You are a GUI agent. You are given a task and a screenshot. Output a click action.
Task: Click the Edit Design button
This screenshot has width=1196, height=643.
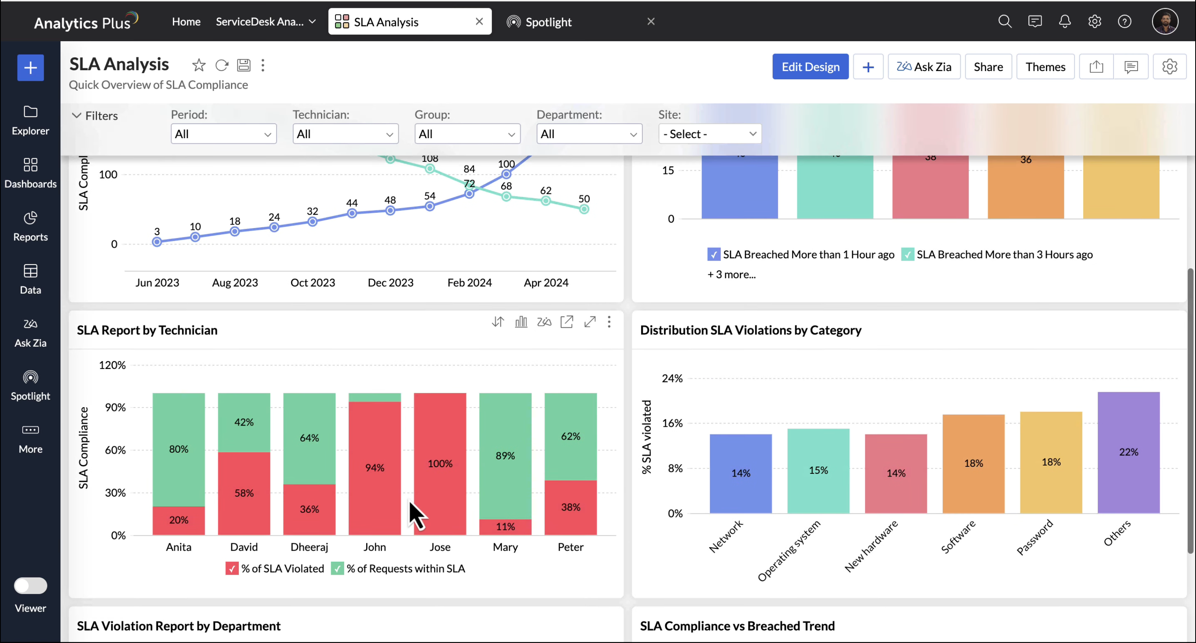click(810, 67)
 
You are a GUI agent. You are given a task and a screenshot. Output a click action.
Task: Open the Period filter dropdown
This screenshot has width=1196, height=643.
click(223, 134)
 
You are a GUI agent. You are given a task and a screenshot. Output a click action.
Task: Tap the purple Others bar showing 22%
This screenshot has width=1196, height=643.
click(1128, 452)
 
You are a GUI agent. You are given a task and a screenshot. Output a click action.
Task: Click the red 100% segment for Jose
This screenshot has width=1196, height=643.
click(440, 464)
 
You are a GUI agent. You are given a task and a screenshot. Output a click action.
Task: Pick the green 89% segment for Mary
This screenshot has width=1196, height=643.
click(505, 456)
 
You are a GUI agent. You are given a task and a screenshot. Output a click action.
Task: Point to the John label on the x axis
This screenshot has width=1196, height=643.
click(374, 547)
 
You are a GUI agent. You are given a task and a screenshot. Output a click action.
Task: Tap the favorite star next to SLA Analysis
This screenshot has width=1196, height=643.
click(199, 66)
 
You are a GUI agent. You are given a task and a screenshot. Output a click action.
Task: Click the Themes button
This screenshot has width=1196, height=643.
click(1045, 67)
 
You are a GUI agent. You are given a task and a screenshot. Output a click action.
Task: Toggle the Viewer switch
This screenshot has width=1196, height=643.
click(31, 585)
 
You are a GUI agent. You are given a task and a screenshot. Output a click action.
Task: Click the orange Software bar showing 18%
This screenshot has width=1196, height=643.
click(973, 464)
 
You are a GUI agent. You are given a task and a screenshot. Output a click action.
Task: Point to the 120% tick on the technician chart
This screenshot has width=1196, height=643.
click(112, 365)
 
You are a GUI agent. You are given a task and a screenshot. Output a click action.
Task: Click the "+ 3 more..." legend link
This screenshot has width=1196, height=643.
click(731, 275)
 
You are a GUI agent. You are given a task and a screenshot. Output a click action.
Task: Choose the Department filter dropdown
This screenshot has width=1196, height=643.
click(589, 134)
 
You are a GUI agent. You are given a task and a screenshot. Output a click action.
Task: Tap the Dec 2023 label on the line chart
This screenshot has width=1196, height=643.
click(390, 283)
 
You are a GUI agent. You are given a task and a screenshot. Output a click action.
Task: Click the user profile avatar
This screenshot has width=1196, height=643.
click(1165, 21)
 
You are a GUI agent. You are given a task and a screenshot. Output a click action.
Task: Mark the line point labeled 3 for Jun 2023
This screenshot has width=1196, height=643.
click(157, 242)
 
